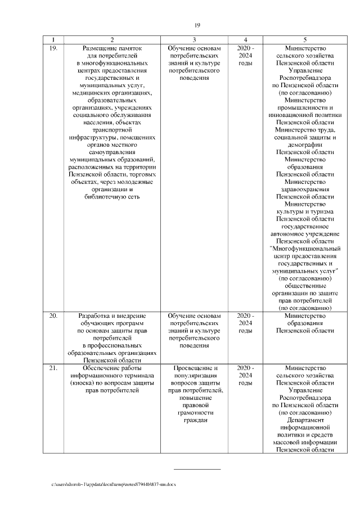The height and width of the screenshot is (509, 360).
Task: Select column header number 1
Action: coord(53,40)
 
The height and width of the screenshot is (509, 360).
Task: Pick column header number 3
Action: coord(194,40)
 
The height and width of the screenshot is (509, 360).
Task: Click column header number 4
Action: coord(246,40)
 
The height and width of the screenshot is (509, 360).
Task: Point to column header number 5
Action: coord(305,40)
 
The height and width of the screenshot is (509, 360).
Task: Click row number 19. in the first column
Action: coord(53,49)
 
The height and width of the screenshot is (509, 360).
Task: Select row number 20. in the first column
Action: coord(53,316)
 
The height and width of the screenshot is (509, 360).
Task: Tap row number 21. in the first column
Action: coord(53,368)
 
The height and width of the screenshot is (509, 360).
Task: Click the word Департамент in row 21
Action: coord(305,420)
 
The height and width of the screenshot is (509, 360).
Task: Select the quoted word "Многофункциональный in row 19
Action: coord(305,248)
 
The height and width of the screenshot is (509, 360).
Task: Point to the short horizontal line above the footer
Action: coord(197,469)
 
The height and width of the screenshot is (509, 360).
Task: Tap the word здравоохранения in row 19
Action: coord(305,189)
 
